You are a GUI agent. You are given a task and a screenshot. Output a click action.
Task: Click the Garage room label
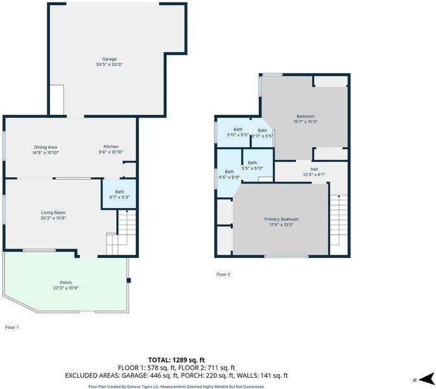[109, 59]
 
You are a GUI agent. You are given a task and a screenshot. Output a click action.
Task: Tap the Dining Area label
[45, 147]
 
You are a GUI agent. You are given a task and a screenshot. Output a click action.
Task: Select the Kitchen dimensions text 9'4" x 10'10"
[111, 152]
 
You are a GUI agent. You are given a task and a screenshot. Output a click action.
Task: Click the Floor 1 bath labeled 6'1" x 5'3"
[119, 194]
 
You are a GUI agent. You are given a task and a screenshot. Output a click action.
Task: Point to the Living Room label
[53, 213]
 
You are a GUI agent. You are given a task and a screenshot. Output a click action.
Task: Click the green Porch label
[66, 283]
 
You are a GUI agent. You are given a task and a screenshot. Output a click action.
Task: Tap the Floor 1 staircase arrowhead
[127, 212]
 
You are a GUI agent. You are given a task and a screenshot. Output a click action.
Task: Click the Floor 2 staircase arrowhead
[339, 196]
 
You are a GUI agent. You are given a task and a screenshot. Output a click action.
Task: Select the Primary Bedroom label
[282, 219]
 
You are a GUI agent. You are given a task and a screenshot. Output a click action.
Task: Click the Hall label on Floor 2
[314, 169]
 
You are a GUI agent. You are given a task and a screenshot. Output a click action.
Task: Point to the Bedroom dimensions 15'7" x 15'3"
[306, 121]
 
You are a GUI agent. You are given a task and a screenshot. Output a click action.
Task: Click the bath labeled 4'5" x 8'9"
[229, 174]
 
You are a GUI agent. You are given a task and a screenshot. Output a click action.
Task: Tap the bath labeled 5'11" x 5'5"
[237, 132]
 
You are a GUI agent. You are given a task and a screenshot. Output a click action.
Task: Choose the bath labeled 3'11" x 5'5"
[262, 133]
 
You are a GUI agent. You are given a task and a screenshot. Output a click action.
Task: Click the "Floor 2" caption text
[223, 274]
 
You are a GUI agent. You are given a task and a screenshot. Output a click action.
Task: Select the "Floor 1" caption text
[12, 327]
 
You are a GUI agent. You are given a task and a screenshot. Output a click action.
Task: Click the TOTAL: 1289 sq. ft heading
[176, 360]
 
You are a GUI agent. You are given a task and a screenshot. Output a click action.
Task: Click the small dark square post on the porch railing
[128, 280]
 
